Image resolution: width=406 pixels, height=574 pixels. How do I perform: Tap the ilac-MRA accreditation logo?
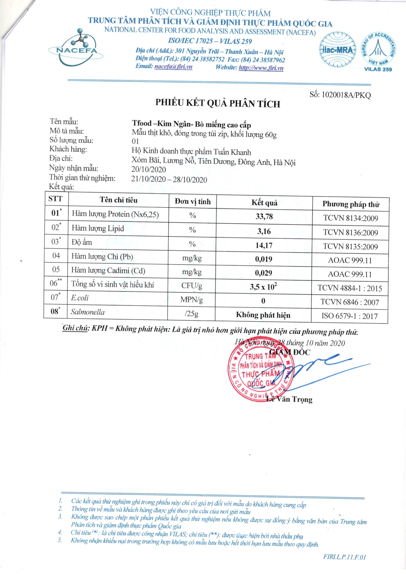coord(337,50)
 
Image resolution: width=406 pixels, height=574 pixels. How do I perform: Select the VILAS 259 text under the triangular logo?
coord(378,69)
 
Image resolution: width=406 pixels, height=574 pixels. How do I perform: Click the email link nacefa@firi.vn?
coord(173,67)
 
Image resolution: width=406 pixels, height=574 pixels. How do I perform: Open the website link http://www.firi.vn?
coord(261,68)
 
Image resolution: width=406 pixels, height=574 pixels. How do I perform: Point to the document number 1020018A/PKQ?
coord(346,95)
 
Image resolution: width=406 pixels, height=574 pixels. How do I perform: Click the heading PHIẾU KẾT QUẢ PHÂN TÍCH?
coord(218,103)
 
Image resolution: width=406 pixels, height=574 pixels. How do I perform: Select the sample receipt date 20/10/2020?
coord(148,169)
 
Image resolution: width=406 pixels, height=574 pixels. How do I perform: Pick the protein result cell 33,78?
coord(264,217)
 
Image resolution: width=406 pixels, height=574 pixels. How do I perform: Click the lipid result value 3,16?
coord(264,232)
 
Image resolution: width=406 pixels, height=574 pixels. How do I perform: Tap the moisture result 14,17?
coord(264,245)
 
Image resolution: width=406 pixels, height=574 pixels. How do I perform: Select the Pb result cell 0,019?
coord(263,259)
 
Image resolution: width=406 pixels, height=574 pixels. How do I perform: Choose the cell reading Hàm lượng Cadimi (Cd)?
coord(108,270)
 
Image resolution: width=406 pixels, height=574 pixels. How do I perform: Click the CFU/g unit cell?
coord(192,286)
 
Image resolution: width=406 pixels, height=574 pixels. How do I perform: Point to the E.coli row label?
coord(80,298)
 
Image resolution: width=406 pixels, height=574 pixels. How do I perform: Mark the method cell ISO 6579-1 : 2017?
coord(349,316)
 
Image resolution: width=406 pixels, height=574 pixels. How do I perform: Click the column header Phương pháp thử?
coord(351,204)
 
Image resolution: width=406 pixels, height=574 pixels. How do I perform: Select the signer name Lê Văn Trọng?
coord(289,399)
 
